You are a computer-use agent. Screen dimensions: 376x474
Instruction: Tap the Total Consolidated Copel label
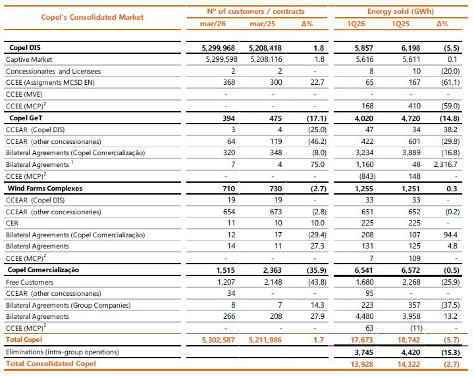pyautogui.click(x=51, y=364)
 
